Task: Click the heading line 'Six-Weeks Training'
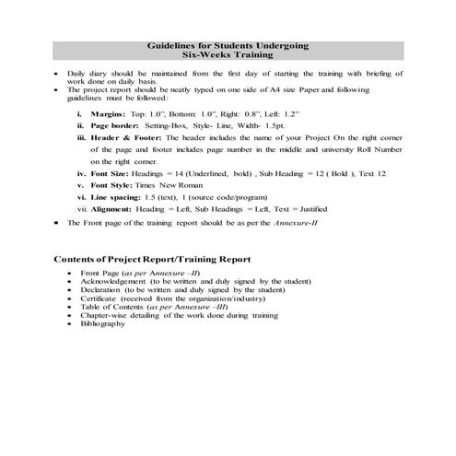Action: tap(229, 54)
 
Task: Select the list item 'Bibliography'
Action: tap(101, 324)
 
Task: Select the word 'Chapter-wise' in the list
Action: tap(105, 315)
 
